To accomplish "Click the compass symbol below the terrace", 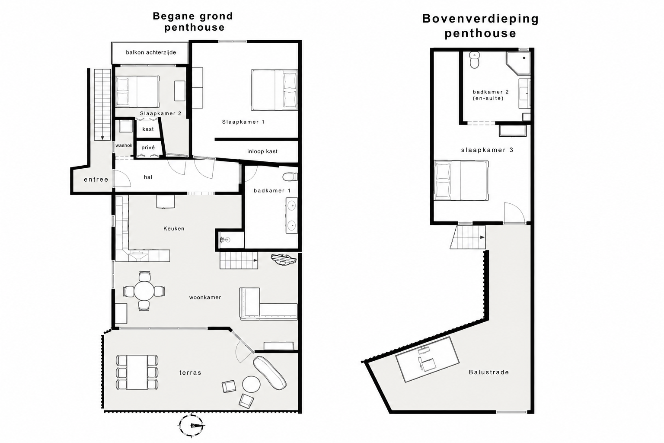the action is [191, 425].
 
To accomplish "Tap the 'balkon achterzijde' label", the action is [151, 52].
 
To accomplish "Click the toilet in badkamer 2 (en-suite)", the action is [475, 60].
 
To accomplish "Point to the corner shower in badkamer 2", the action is [518, 63].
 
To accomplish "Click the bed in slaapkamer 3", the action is [461, 180].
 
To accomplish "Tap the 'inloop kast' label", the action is [262, 151].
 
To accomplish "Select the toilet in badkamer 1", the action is [290, 177].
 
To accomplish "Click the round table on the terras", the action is [251, 384].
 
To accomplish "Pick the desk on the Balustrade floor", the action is [428, 360].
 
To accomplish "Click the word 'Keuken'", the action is [174, 228].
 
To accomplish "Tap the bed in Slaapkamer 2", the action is [137, 91].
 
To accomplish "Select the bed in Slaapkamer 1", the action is [274, 90].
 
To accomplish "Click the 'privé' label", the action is [148, 148].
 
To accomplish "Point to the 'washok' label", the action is [124, 145].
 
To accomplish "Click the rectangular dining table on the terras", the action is [137, 372].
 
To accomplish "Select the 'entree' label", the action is [96, 179].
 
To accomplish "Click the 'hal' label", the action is [148, 177].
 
